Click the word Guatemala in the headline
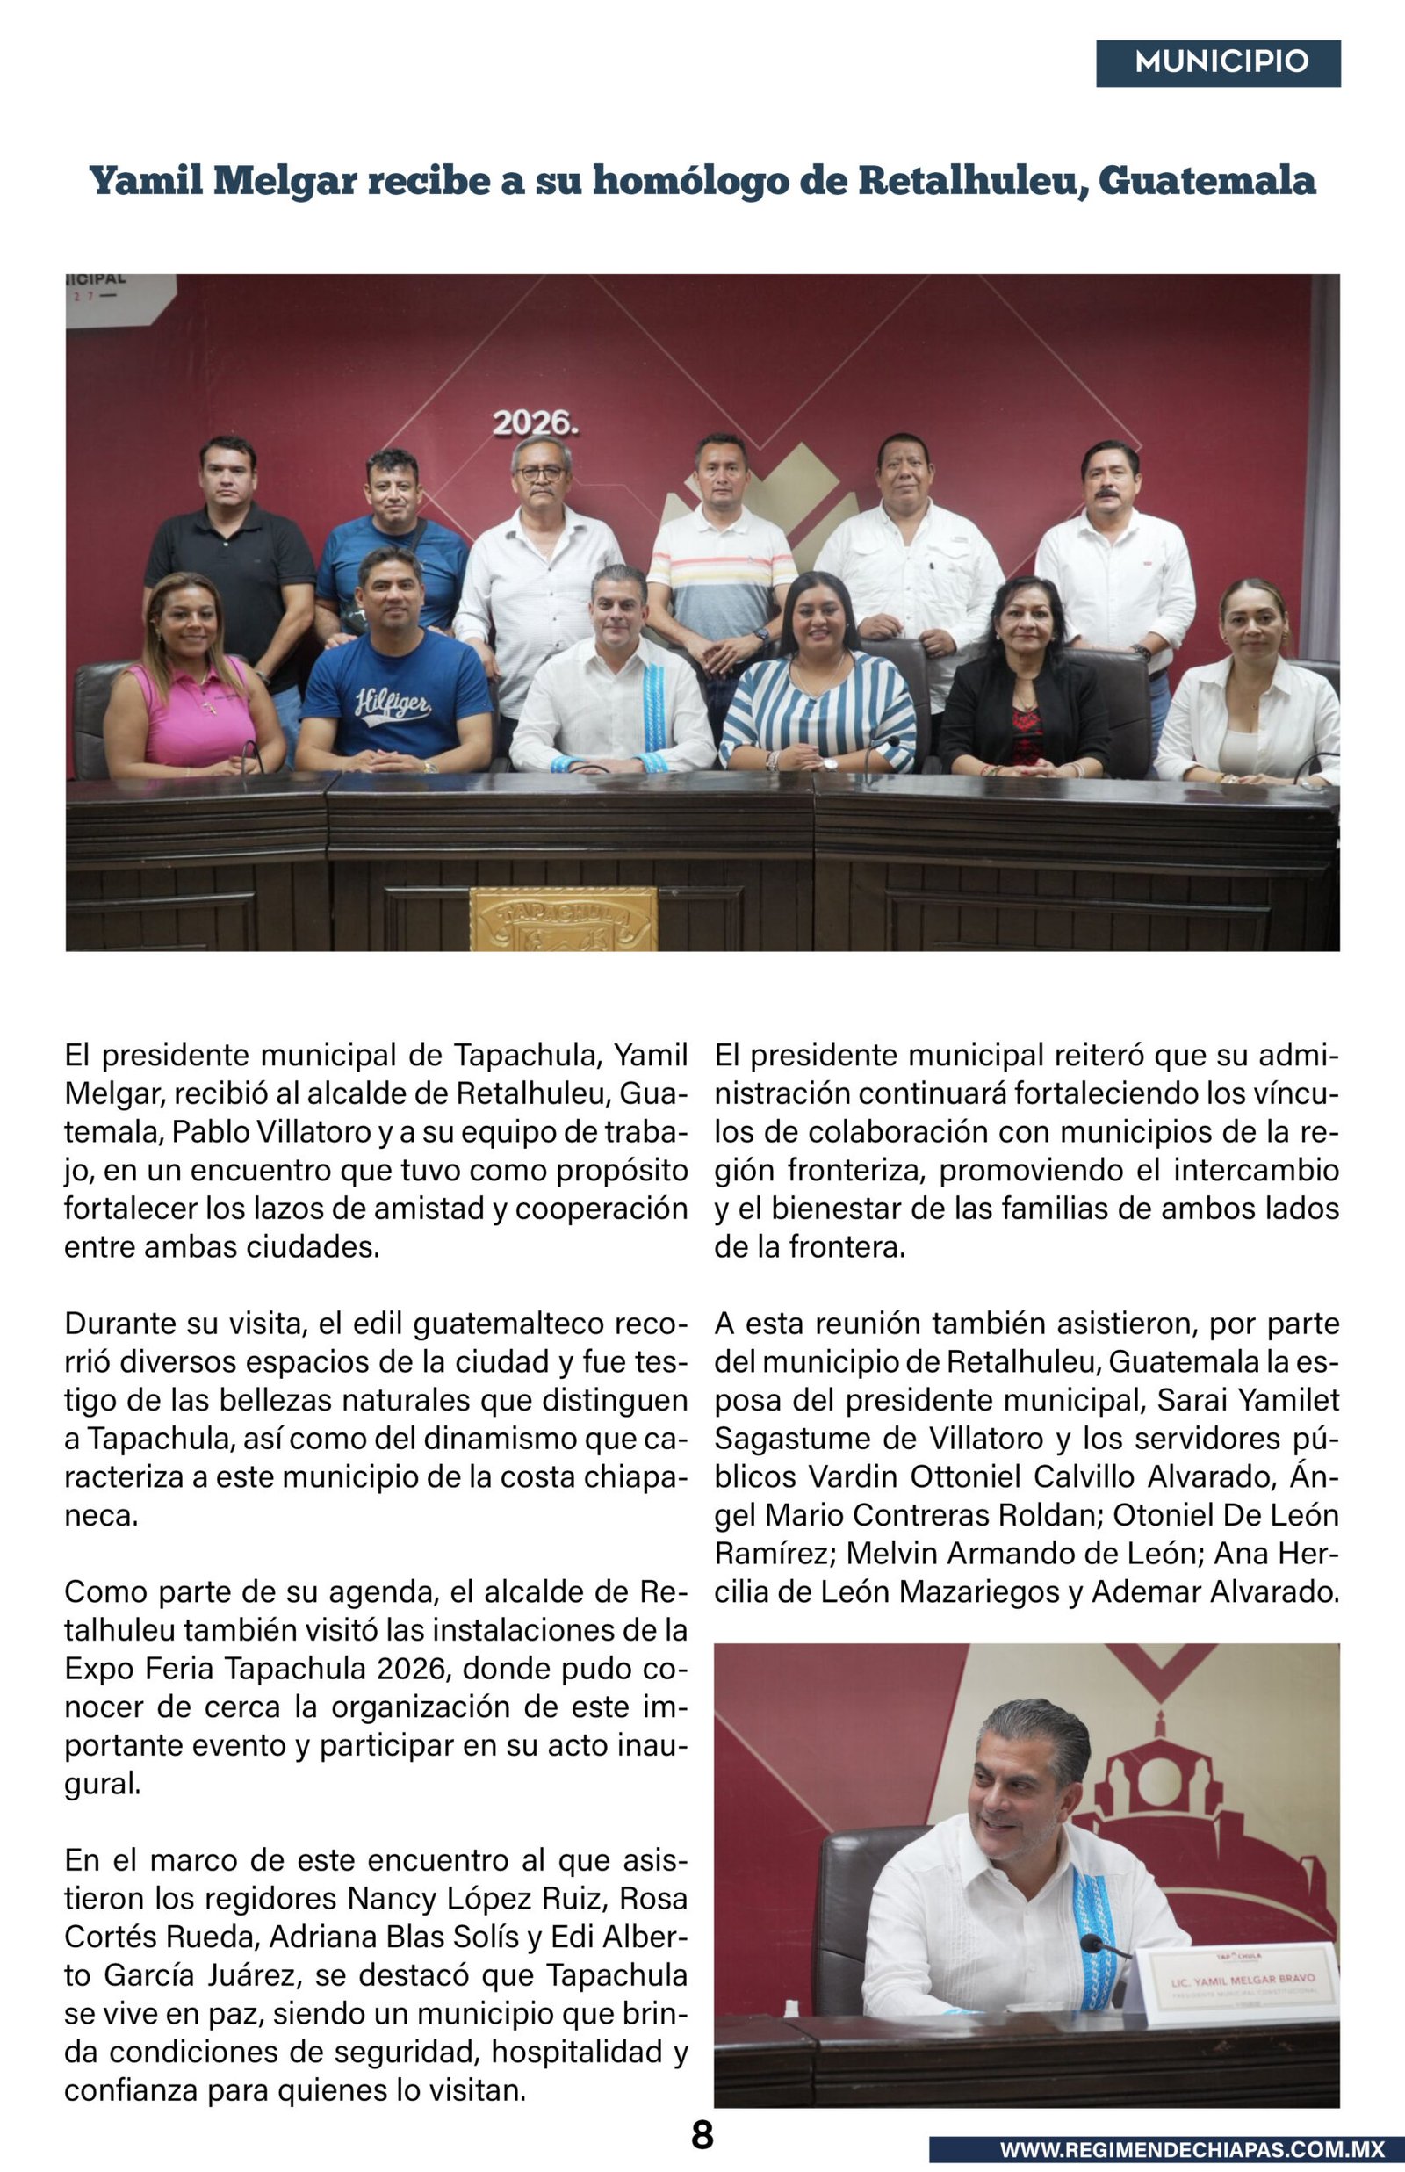[1207, 181]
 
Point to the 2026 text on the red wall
[535, 423]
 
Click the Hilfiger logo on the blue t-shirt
[393, 705]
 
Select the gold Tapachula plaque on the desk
[563, 919]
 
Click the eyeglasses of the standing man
[540, 473]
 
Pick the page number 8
[702, 2135]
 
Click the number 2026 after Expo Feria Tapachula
[413, 1669]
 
